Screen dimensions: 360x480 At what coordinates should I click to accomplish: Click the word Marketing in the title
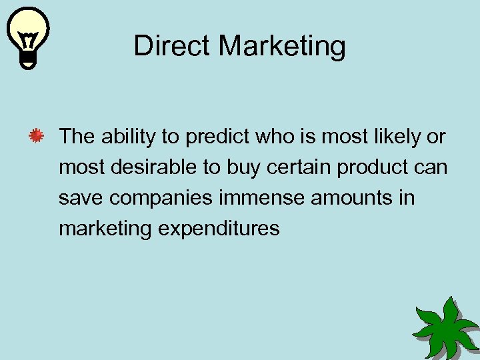pyautogui.click(x=282, y=47)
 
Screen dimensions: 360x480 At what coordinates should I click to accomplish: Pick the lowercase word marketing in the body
pyautogui.click(x=105, y=229)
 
